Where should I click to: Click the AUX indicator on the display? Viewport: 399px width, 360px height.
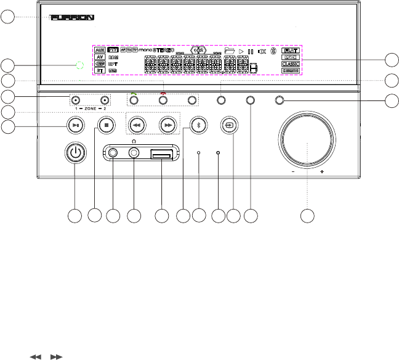tap(100, 51)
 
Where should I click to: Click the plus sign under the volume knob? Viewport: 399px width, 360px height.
tap(322, 173)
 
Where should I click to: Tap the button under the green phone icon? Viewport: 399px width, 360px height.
tap(134, 100)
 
